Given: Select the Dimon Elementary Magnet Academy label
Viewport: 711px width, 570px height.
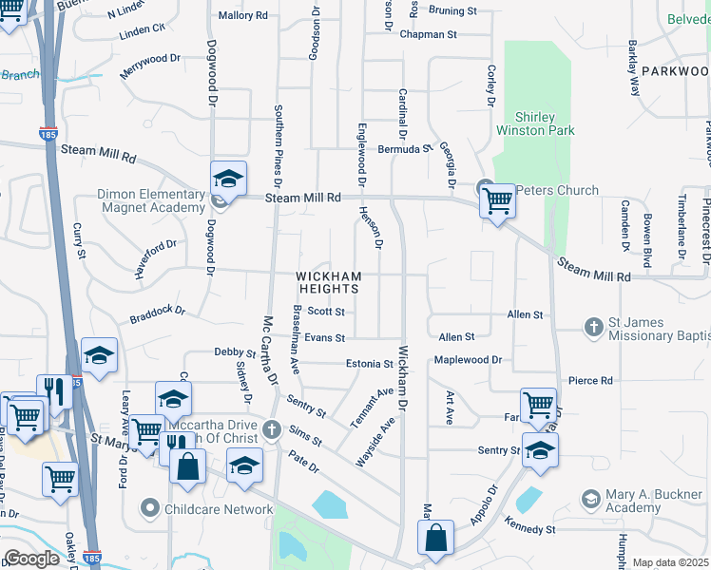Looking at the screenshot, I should coord(151,200).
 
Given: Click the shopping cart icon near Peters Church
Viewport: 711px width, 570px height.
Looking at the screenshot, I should coord(497,200).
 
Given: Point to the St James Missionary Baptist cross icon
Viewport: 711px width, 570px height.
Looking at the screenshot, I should coord(593,327).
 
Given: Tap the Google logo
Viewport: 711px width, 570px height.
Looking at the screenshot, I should coord(31,559).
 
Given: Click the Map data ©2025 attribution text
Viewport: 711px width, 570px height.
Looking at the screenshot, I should coord(671,562).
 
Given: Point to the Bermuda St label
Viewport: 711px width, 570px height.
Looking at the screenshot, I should coord(406,149).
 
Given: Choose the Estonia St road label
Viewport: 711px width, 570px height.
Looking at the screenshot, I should coord(369,364).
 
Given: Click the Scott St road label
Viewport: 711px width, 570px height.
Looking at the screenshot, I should coord(326,311).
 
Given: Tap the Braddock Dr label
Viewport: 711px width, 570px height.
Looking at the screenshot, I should coord(158,311).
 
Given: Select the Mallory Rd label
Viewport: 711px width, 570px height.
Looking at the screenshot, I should coord(243,15).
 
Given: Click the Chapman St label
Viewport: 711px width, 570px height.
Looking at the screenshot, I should coord(429,34).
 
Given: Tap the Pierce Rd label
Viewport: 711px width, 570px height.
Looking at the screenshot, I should coord(590,380).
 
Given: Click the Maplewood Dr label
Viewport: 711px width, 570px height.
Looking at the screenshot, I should coord(467,360).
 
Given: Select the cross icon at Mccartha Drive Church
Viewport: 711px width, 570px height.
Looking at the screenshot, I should coord(273,428).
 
